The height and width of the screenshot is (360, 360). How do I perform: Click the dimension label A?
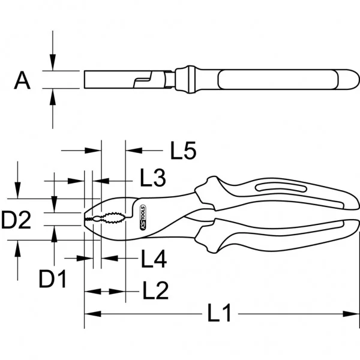(22, 80)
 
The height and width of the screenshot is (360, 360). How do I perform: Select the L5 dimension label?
(183, 151)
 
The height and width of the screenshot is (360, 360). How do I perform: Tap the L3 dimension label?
(153, 178)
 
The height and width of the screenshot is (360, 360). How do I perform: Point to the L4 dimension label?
(154, 259)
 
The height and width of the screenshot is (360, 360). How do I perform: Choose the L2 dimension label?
(155, 290)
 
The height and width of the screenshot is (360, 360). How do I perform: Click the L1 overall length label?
(219, 313)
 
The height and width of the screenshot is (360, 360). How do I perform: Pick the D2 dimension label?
(16, 220)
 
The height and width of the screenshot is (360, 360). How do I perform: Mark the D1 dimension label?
(53, 278)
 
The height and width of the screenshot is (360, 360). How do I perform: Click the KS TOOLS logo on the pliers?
(143, 217)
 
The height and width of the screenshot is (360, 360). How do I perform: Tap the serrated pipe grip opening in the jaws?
(114, 218)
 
